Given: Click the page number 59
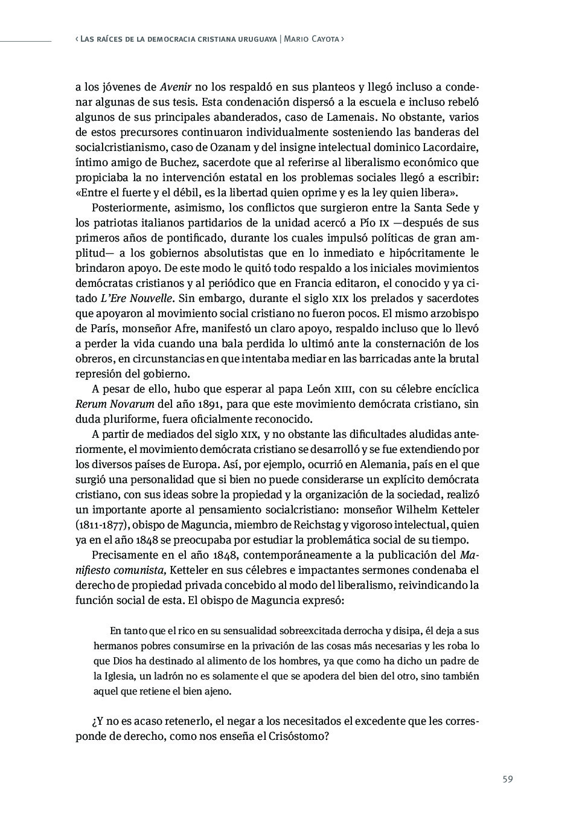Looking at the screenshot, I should (x=507, y=779).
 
